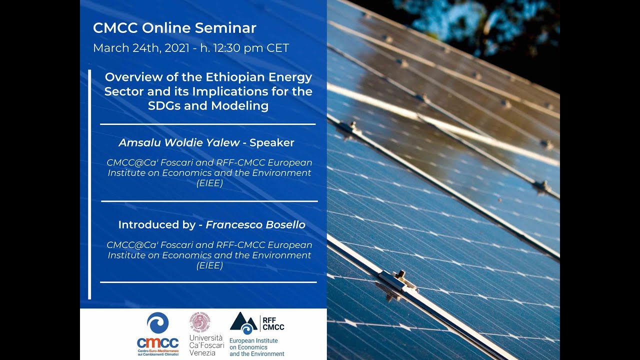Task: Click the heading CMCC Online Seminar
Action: pos(174,28)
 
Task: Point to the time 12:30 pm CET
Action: pos(252,48)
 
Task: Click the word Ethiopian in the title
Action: pos(237,77)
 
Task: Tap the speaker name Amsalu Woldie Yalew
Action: pos(179,142)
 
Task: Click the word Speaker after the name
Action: pos(272,142)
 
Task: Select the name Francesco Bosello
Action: pos(255,225)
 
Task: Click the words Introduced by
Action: pos(156,225)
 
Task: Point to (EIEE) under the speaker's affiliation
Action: pos(209,183)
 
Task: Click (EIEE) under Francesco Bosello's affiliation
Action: pos(209,266)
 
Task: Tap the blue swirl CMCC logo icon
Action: pos(157,323)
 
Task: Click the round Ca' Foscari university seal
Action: pos(199,322)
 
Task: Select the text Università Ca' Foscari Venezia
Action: pos(206,345)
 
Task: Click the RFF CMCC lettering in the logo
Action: pos(273,323)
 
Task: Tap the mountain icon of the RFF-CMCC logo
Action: pos(243,323)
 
